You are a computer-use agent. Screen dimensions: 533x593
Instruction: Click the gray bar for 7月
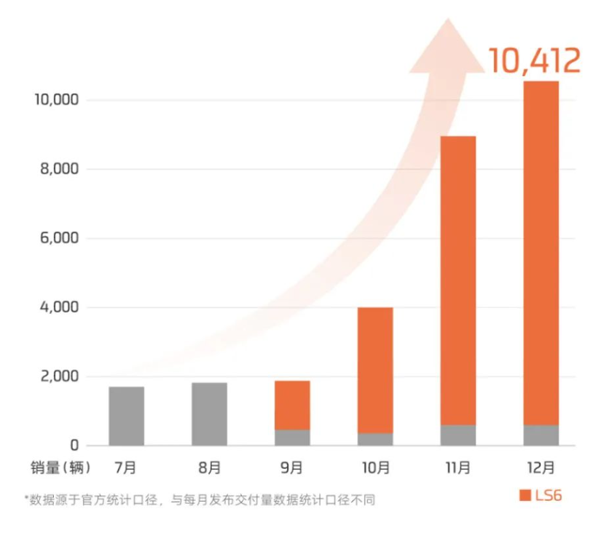point(126,416)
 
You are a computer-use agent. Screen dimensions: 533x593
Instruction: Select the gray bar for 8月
point(209,414)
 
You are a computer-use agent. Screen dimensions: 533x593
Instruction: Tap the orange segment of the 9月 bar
point(292,405)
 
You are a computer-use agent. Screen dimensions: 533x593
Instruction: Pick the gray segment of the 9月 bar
point(292,437)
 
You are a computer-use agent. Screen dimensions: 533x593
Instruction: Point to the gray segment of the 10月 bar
point(375,439)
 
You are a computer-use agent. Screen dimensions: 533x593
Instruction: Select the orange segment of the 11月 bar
point(458,280)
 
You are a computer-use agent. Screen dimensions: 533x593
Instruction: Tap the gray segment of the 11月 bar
point(458,435)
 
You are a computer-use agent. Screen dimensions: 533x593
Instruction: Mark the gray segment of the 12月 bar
point(541,435)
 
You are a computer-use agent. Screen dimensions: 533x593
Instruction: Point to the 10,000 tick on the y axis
point(56,100)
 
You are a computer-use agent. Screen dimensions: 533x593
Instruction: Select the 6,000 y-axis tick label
point(61,238)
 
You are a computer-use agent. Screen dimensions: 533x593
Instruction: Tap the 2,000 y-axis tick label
point(61,376)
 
